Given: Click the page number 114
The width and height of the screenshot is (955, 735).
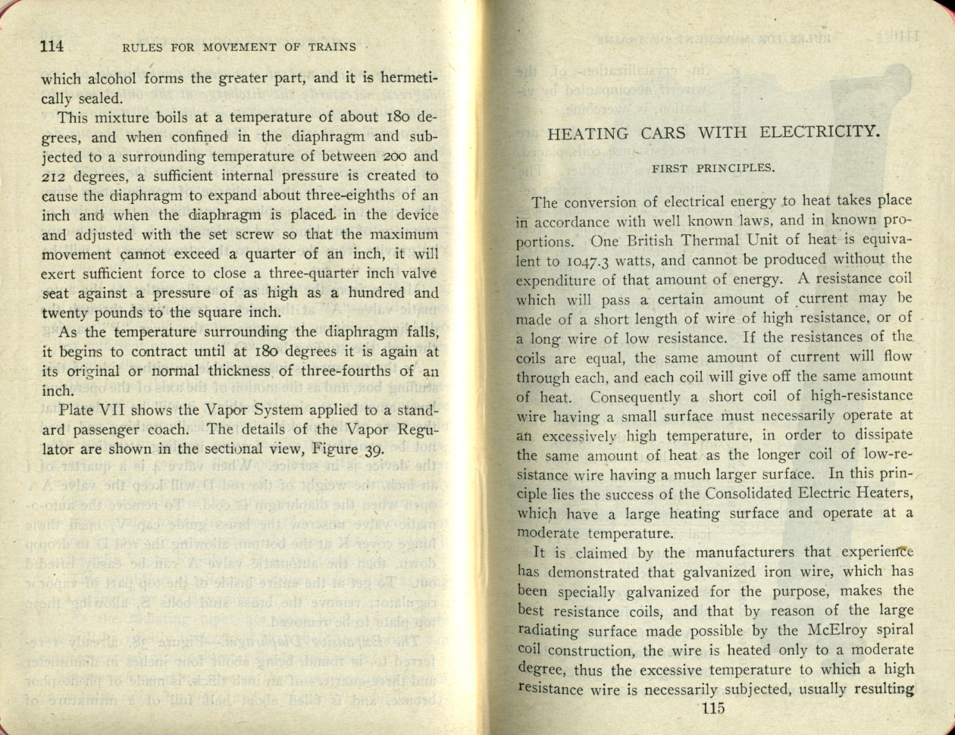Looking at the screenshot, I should pos(52,45).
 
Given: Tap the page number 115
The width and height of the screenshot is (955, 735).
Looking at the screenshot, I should pos(713,708).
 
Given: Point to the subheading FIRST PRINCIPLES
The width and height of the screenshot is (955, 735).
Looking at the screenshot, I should pos(712,168).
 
